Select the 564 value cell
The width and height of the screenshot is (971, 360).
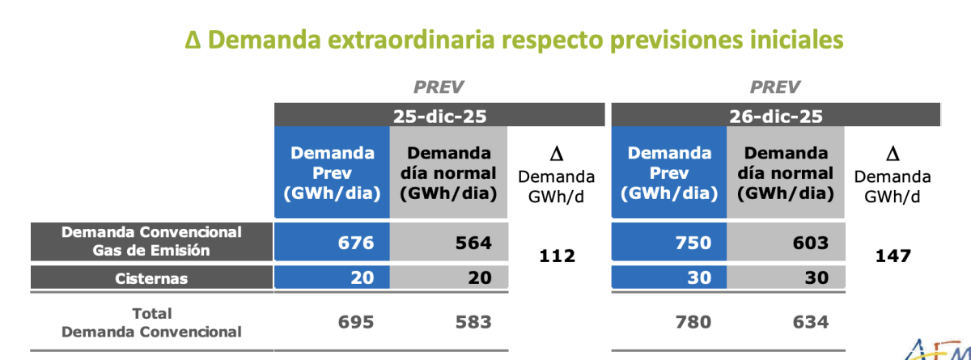coord(470,243)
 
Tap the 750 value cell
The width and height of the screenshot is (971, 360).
coord(691,243)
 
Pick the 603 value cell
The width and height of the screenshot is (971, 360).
coord(808,243)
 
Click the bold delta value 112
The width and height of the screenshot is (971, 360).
coord(557,256)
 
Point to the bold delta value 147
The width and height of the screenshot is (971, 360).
coord(893,256)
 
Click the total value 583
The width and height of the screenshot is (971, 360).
coord(470,322)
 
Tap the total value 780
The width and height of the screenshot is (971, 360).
coord(691,322)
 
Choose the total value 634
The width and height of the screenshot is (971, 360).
coord(808,322)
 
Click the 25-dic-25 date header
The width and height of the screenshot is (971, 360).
coord(439,116)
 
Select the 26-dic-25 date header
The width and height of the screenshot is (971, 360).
coord(776,116)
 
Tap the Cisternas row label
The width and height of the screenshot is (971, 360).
coord(151,278)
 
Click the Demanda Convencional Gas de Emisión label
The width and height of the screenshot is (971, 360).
coord(151,241)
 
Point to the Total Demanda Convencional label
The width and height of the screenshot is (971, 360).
coord(151,322)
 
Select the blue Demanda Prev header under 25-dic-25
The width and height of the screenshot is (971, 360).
coord(333,172)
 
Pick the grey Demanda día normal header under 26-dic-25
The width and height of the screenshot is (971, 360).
coord(786,172)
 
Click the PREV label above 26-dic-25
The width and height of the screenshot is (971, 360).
coord(775,87)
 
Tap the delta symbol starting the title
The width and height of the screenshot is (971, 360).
coord(193,40)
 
